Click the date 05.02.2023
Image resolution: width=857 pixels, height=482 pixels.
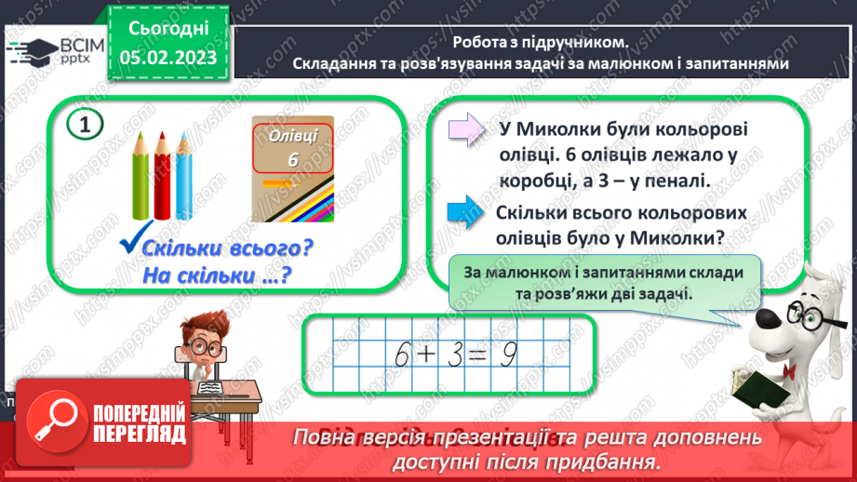(x=167, y=59)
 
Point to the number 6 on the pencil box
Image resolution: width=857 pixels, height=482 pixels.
(x=291, y=159)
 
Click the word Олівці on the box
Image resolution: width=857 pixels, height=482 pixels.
(x=292, y=135)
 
